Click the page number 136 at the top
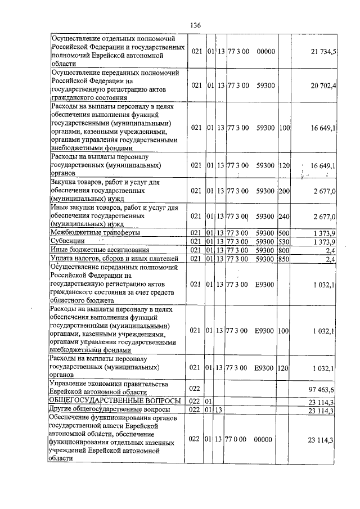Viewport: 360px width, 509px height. pyautogui.click(x=196, y=25)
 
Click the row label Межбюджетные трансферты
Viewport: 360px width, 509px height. pyautogui.click(x=95, y=232)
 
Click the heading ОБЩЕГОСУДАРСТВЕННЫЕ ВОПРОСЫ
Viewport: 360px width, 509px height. pyautogui.click(x=115, y=401)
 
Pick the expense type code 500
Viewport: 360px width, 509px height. pyautogui.click(x=284, y=232)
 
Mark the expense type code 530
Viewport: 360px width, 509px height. pyautogui.click(x=284, y=241)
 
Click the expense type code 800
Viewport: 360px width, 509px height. pyautogui.click(x=284, y=250)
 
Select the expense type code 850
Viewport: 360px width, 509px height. pyautogui.click(x=284, y=258)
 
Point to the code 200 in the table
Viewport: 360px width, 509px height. pyautogui.click(x=284, y=191)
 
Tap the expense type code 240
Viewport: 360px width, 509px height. pyautogui.click(x=284, y=217)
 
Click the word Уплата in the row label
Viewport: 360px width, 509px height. pyautogui.click(x=63, y=258)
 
